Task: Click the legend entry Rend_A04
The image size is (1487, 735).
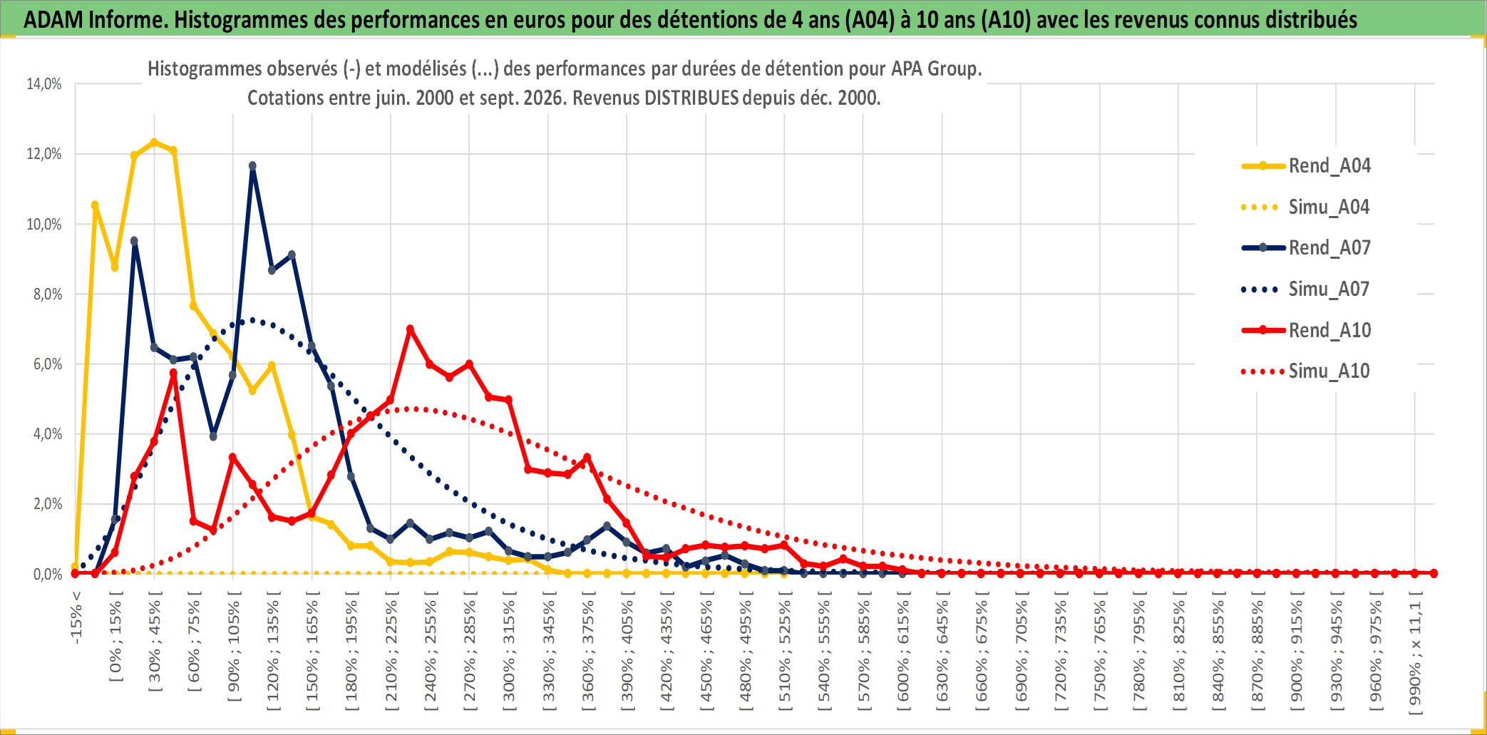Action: (x=1306, y=166)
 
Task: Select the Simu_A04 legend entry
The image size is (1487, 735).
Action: (x=1306, y=207)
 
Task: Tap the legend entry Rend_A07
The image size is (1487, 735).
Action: (x=1306, y=248)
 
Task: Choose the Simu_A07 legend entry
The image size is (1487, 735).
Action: (x=1306, y=289)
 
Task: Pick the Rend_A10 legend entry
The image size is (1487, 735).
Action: (x=1306, y=331)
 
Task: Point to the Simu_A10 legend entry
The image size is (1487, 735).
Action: (x=1306, y=371)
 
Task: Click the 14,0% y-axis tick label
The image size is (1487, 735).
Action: (x=44, y=84)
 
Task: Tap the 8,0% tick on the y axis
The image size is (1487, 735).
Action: (x=48, y=294)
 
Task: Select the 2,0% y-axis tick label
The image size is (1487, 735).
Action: (x=48, y=504)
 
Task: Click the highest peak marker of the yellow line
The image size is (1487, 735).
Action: (x=154, y=143)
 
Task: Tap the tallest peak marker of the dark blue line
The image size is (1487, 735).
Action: (x=252, y=166)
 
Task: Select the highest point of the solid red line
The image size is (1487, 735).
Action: (x=410, y=329)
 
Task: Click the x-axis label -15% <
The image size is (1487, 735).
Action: (x=76, y=617)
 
